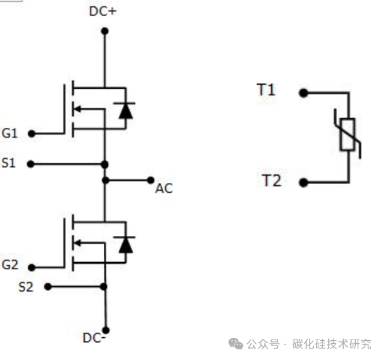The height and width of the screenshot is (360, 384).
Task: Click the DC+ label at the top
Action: [103, 11]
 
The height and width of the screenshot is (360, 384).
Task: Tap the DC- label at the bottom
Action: [95, 337]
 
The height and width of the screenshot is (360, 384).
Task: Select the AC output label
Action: [163, 188]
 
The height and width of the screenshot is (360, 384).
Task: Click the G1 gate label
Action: [10, 133]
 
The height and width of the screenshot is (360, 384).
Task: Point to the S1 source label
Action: [8, 163]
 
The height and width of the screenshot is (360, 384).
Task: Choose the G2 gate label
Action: [10, 265]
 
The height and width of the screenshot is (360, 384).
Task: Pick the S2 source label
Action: [26, 287]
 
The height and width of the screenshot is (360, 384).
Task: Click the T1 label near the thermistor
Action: [266, 91]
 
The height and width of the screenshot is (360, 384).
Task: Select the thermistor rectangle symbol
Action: [347, 134]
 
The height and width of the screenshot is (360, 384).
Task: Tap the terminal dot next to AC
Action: [150, 179]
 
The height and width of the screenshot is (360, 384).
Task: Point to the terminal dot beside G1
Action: [31, 134]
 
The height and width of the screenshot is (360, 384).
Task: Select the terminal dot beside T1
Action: [304, 93]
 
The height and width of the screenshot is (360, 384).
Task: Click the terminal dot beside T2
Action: [304, 182]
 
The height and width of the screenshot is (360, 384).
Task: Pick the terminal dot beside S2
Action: [47, 287]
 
